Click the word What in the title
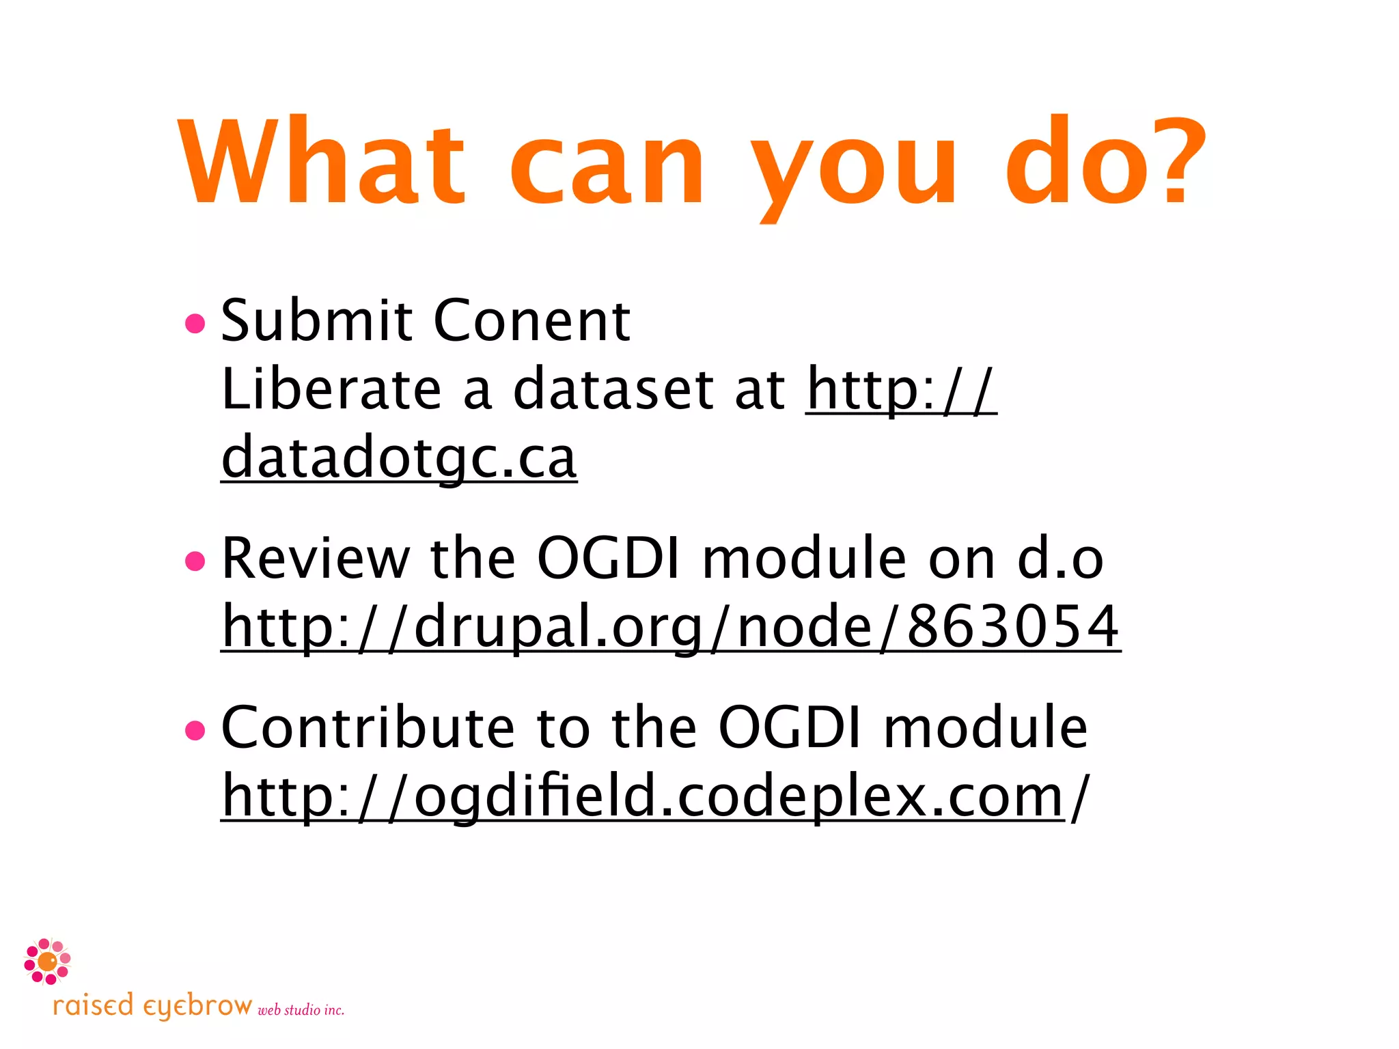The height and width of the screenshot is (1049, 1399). tap(322, 162)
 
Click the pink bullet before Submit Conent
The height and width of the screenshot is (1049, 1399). tap(195, 324)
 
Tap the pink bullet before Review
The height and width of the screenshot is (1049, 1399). tap(195, 561)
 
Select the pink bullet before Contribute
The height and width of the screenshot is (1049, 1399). tap(195, 731)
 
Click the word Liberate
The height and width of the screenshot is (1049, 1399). tap(331, 389)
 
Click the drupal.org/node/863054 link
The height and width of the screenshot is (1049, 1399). tap(671, 627)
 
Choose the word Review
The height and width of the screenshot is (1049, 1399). tap(316, 559)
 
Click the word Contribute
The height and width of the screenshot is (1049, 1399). tap(368, 729)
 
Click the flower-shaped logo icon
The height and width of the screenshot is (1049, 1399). tap(47, 962)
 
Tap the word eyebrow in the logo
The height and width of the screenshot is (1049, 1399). tap(197, 1007)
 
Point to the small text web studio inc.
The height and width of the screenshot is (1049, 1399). tap(301, 1010)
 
